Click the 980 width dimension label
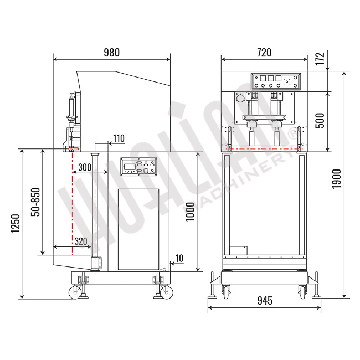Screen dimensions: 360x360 click(111, 53)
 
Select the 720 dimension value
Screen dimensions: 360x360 click(264, 53)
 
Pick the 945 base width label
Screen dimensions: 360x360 click(264, 301)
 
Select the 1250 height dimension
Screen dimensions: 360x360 click(15, 223)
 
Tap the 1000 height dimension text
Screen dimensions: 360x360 click(190, 212)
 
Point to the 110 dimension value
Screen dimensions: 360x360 click(119, 138)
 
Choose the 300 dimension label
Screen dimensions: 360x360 click(85, 167)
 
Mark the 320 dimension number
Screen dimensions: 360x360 click(80, 241)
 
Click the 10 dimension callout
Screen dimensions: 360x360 click(179, 258)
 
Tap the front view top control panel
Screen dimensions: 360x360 click(275, 82)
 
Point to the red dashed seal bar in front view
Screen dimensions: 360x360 click(264, 148)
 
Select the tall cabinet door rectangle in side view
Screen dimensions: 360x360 click(138, 229)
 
